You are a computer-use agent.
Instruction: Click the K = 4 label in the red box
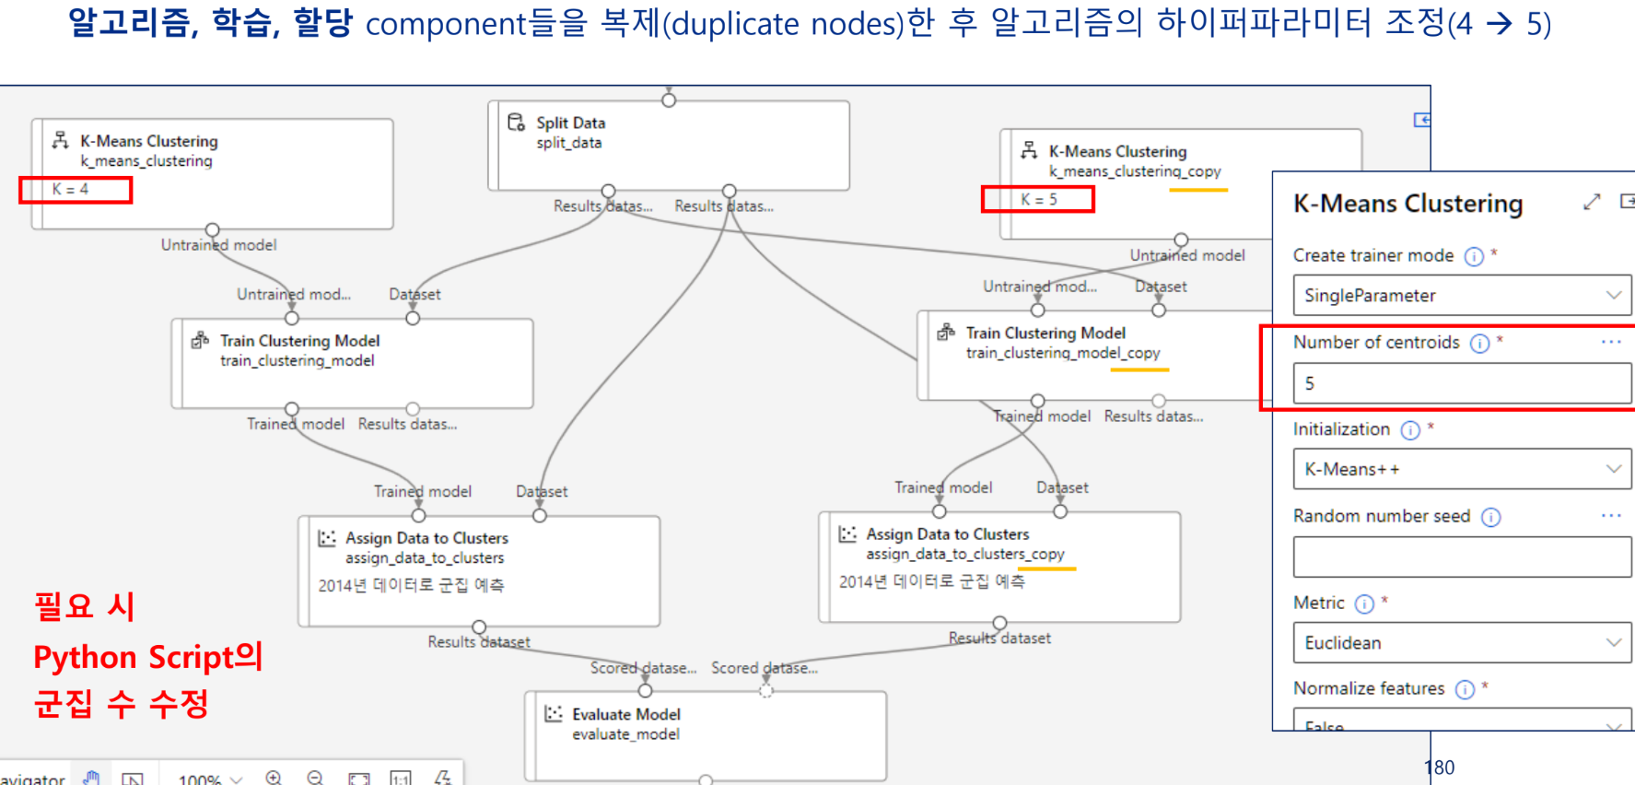(x=71, y=190)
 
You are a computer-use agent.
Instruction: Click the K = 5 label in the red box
(x=1039, y=200)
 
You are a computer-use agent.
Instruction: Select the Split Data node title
(x=570, y=123)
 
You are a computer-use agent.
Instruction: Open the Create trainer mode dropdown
(x=1461, y=296)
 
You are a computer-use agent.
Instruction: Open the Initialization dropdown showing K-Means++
(x=1461, y=469)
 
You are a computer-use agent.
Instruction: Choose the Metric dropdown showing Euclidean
(x=1461, y=643)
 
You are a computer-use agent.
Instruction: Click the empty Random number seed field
(x=1461, y=557)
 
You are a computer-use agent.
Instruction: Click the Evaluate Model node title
(x=625, y=714)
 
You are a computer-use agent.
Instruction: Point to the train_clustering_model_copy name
(x=1062, y=353)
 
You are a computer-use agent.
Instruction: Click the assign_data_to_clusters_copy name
(x=964, y=554)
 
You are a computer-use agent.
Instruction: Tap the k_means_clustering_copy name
(x=1134, y=171)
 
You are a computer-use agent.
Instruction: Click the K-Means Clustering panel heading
(x=1407, y=204)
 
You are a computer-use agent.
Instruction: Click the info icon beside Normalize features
(x=1465, y=689)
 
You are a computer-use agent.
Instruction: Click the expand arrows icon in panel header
(x=1592, y=202)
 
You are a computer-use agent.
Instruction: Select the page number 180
(x=1439, y=767)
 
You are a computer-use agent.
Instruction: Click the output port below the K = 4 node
(x=213, y=229)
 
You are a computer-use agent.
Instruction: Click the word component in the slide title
(x=445, y=23)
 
